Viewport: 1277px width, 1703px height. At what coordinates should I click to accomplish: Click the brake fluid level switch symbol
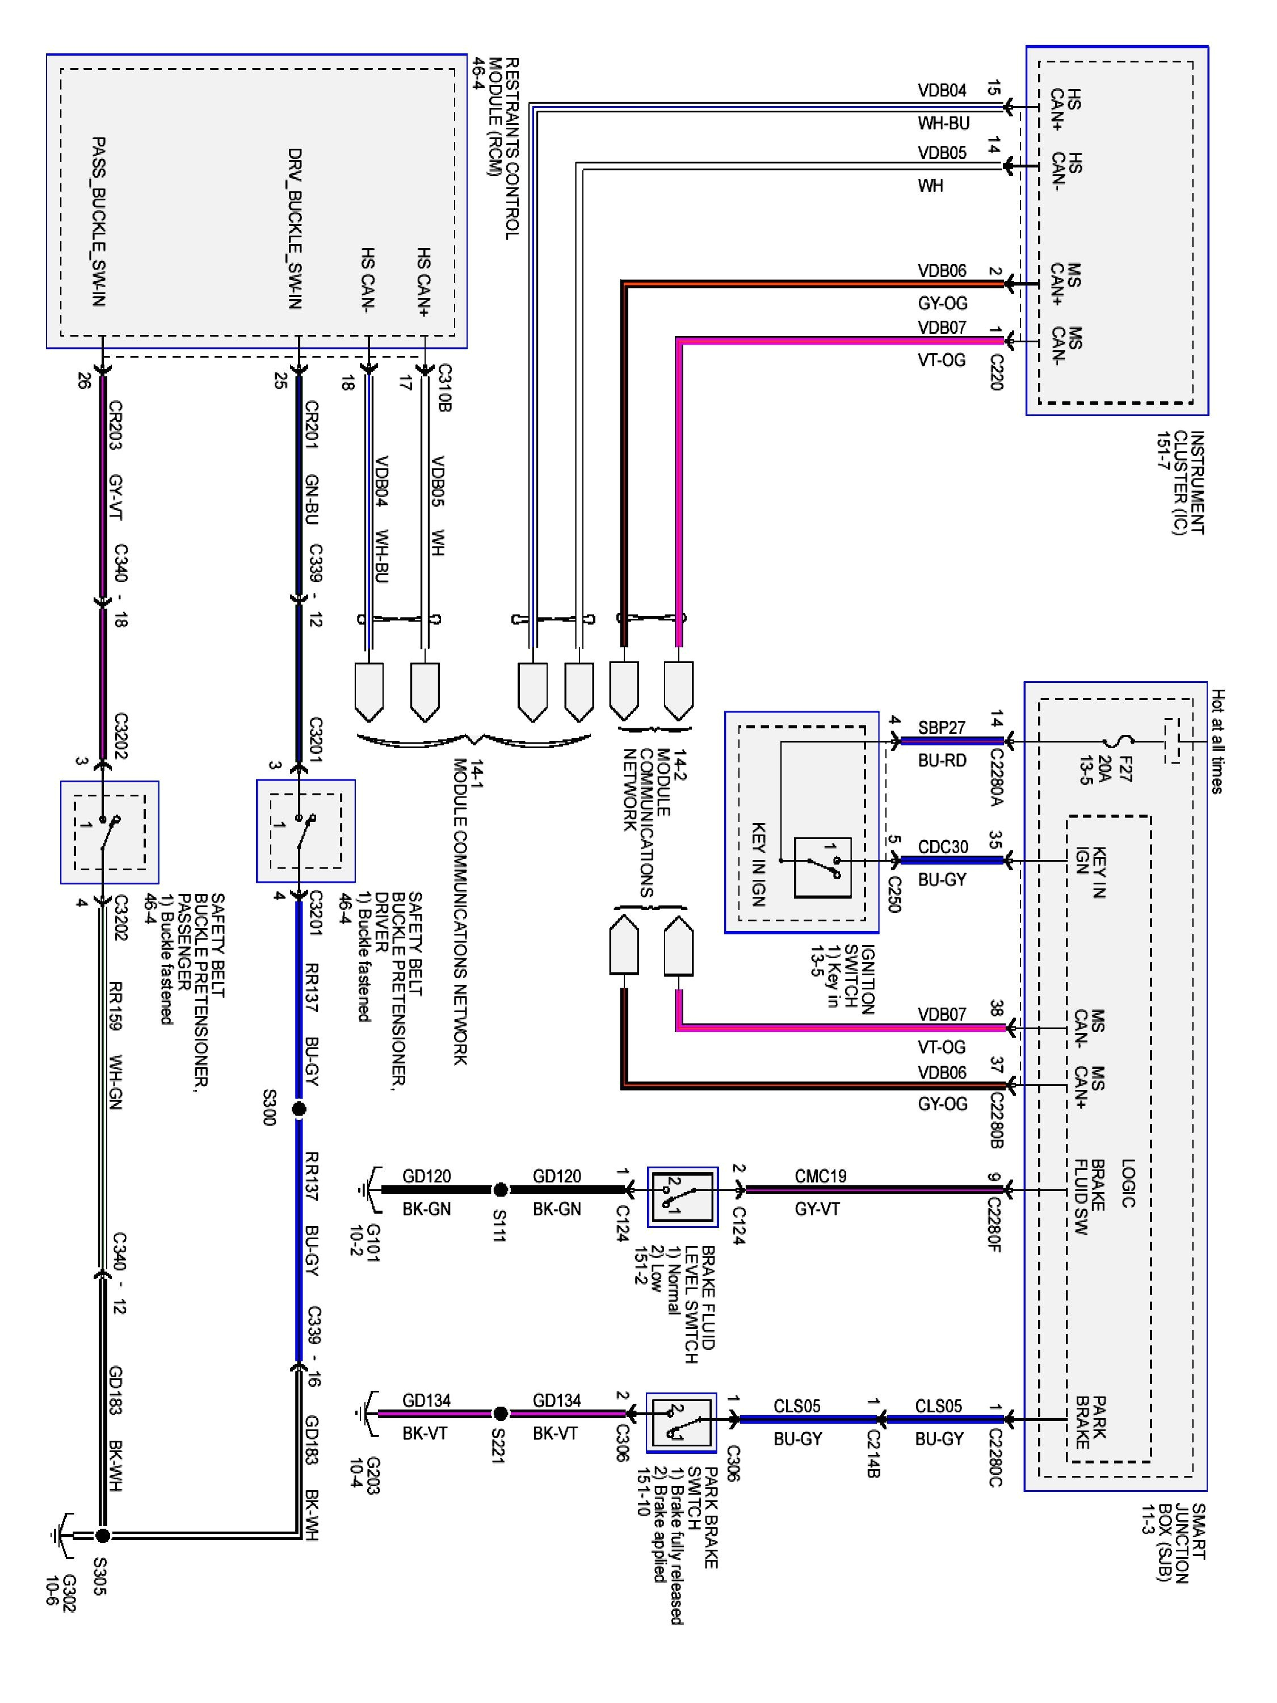[682, 1197]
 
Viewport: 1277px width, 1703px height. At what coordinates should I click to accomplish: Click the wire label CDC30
[942, 847]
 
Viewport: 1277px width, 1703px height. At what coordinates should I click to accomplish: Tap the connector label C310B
[443, 388]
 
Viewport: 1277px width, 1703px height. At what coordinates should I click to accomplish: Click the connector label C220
[996, 372]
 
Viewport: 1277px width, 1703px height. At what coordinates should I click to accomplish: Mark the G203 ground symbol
[367, 1413]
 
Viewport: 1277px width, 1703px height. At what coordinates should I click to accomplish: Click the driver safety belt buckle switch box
[305, 830]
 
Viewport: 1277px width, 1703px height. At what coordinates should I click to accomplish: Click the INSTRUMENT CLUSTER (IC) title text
[1179, 482]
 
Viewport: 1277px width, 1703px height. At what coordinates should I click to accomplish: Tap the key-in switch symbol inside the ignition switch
[822, 867]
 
